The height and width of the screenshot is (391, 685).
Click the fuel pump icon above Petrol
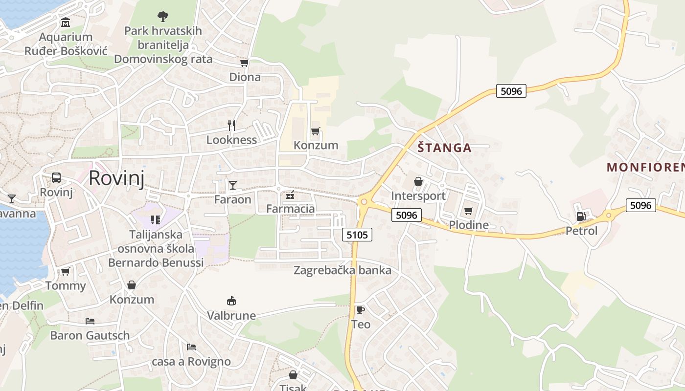581,216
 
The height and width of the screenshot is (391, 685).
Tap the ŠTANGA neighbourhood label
444,148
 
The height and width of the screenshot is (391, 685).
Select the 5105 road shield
357,235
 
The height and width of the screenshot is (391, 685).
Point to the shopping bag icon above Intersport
418,181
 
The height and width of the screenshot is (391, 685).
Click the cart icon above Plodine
469,211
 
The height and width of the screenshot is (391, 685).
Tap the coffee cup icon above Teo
361,310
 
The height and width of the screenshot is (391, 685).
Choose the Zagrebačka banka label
342,270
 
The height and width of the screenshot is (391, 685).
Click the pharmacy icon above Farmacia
290,195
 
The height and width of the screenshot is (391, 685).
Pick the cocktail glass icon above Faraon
233,185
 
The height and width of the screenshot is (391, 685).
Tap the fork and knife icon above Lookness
231,126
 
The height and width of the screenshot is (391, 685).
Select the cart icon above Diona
245,63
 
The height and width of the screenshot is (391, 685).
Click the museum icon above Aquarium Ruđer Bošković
66,22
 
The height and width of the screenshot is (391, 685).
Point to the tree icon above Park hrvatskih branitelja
163,17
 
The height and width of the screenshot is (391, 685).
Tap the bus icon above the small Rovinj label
56,178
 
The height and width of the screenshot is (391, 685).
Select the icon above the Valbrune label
231,301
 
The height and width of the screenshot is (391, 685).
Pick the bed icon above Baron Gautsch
90,321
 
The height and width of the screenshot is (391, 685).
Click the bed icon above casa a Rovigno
191,347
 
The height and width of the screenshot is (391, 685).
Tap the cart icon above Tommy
66,271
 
